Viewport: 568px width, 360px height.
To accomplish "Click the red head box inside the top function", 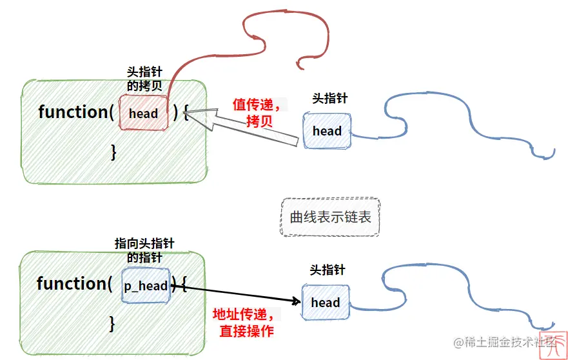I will pyautogui.click(x=143, y=114).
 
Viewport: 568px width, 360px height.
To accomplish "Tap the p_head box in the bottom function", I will pyautogui.click(x=146, y=285).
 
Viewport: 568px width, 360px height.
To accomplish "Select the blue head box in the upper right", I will pyautogui.click(x=327, y=131).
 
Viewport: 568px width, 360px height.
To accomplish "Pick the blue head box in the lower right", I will pyautogui.click(x=325, y=302).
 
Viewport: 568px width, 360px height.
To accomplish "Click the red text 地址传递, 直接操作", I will pyautogui.click(x=246, y=323).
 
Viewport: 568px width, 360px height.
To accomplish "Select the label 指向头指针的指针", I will pyautogui.click(x=144, y=250).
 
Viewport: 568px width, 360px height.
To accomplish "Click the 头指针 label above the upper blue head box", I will pyautogui.click(x=329, y=98).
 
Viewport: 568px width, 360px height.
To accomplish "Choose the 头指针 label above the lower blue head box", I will pyautogui.click(x=328, y=270).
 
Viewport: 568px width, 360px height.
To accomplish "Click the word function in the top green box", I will pyautogui.click(x=72, y=112).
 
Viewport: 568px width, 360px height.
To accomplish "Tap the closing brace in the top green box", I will pyautogui.click(x=113, y=152).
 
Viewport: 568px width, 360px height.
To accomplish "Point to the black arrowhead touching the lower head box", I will pyautogui.click(x=297, y=301).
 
